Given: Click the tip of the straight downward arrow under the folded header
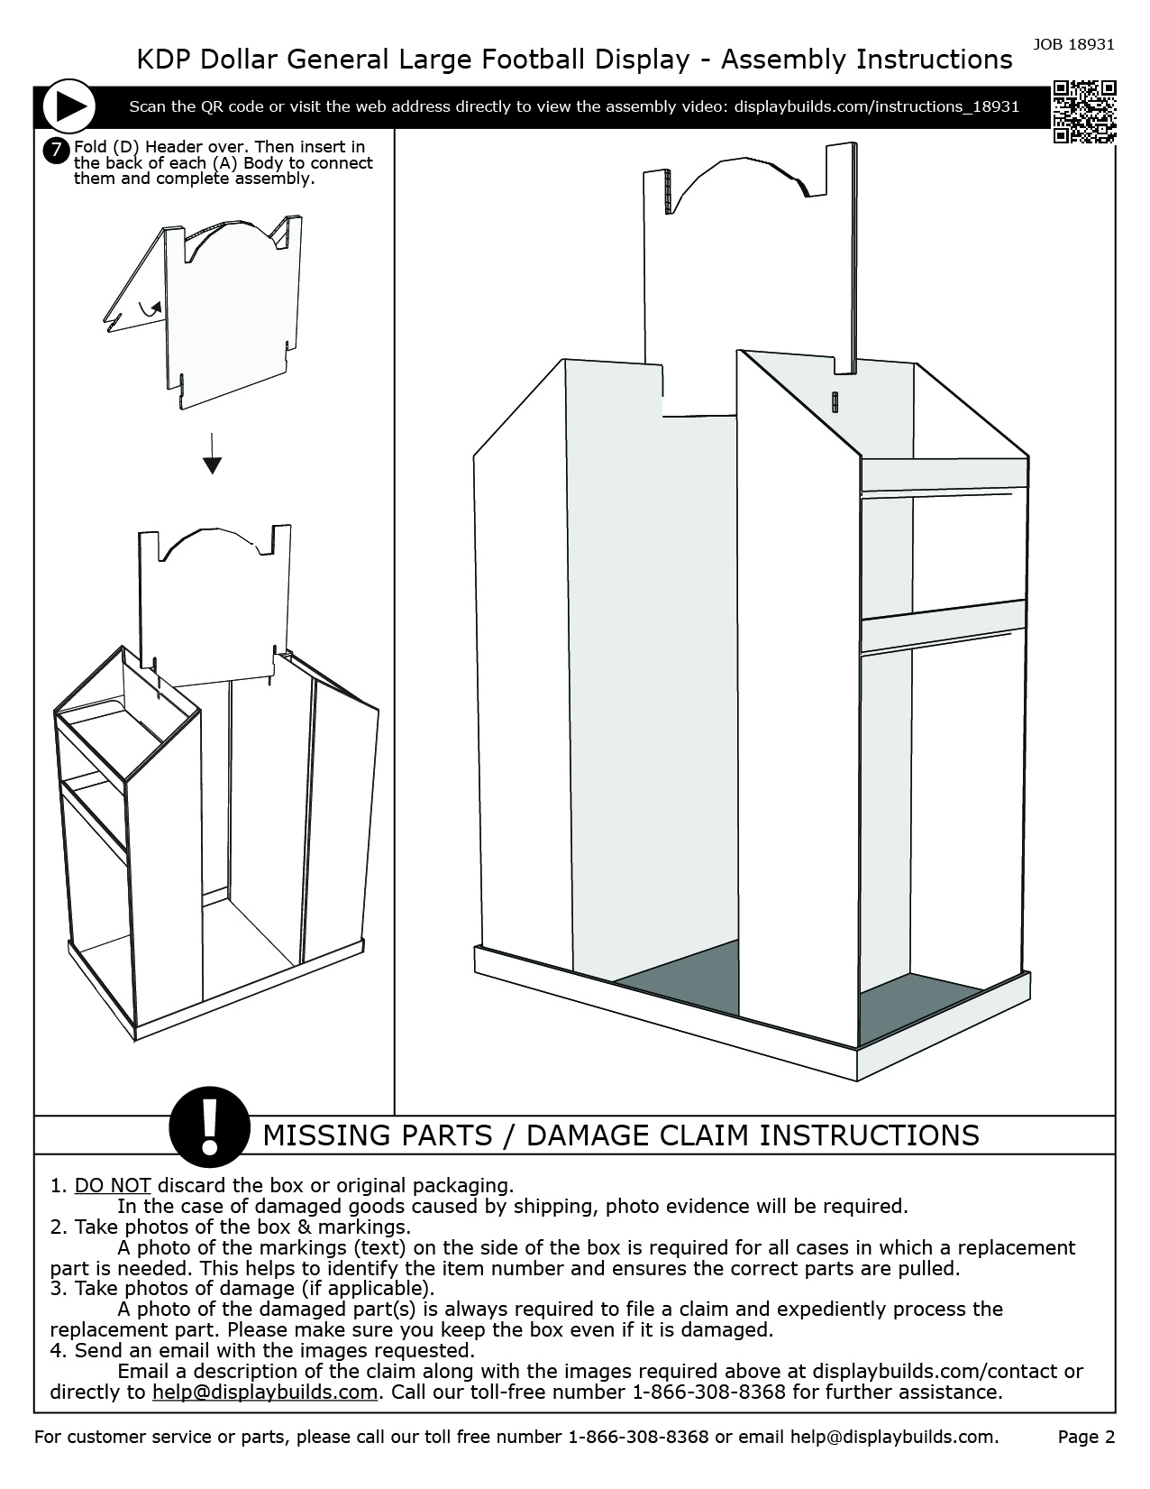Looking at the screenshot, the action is (x=212, y=473).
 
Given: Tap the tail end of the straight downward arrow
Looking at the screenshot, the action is (x=212, y=434).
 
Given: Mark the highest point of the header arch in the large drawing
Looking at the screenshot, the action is (x=746, y=158).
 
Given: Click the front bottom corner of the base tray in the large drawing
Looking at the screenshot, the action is (x=857, y=1080).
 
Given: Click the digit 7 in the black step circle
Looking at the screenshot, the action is (x=57, y=151).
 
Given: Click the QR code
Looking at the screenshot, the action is (x=1084, y=112).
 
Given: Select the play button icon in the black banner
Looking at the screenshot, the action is (x=69, y=107).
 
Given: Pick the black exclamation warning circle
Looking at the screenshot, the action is (x=209, y=1126).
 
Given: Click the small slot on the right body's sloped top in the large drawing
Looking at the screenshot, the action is (x=835, y=402).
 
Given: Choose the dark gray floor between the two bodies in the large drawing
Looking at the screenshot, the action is (x=676, y=978).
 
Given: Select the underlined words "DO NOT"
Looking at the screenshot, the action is (x=113, y=1185).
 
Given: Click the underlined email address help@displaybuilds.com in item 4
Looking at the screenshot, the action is (x=265, y=1392).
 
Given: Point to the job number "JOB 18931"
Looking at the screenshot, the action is (x=1073, y=44).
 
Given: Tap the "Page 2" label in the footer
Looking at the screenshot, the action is (x=1086, y=1437).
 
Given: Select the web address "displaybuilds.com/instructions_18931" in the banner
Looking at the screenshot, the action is (x=876, y=107).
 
